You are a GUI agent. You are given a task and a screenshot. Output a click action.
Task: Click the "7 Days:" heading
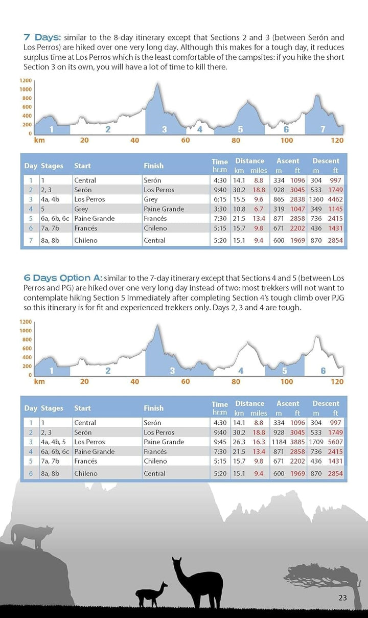tap(42, 37)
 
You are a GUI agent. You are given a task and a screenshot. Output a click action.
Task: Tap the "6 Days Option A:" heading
tap(63, 278)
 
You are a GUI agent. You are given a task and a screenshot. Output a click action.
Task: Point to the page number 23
tap(342, 598)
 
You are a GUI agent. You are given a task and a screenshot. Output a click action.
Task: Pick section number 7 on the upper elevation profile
tap(323, 129)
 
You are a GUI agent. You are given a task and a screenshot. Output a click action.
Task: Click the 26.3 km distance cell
tap(239, 442)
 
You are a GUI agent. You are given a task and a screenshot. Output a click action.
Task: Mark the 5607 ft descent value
tap(336, 442)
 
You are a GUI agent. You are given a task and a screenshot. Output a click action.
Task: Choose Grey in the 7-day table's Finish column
tap(151, 199)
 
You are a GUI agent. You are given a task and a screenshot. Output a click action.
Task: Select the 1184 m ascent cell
tap(279, 442)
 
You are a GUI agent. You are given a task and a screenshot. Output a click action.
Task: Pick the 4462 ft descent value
tap(336, 199)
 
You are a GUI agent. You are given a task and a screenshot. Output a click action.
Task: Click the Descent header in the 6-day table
tap(326, 404)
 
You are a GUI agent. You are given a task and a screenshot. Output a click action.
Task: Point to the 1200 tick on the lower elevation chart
tap(26, 322)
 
